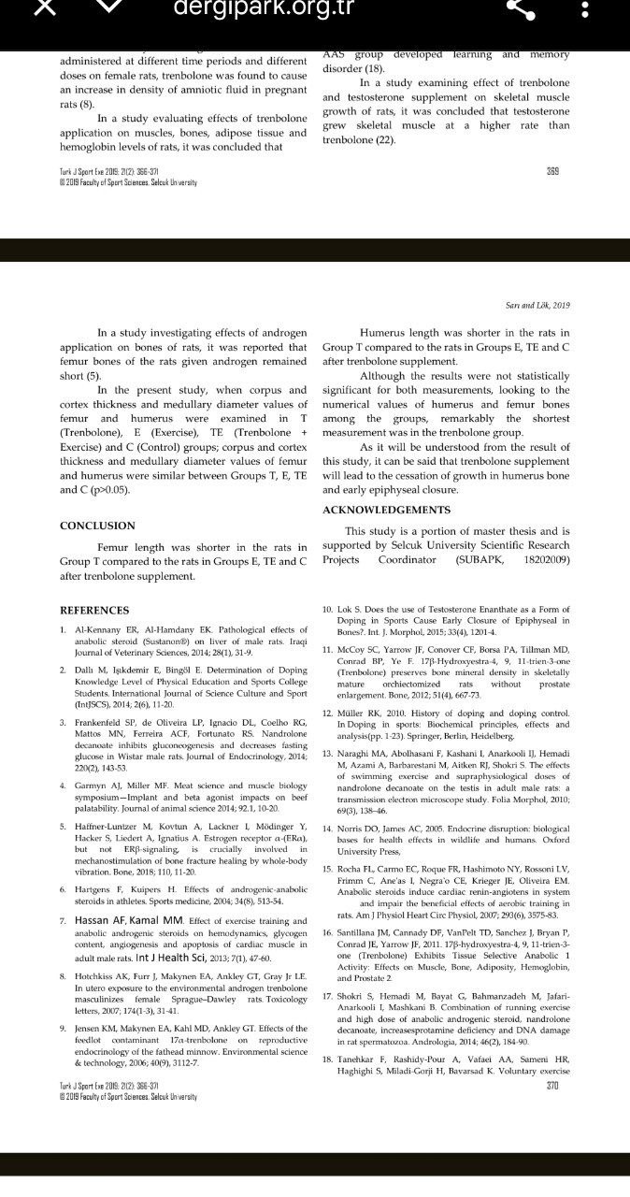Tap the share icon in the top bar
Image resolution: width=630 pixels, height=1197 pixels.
(x=520, y=8)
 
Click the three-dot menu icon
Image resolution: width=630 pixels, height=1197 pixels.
(x=585, y=8)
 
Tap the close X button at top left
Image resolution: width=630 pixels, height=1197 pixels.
(x=46, y=7)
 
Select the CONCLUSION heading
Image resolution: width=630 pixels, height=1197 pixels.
(x=97, y=526)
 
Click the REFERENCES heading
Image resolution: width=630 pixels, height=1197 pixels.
(x=94, y=611)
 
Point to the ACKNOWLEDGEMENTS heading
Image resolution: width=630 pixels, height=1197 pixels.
(x=386, y=510)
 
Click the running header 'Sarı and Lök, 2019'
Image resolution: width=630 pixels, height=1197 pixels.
(x=531, y=305)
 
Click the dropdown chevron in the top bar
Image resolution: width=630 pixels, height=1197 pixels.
(x=110, y=7)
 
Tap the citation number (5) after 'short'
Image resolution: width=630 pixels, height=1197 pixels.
(x=94, y=375)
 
